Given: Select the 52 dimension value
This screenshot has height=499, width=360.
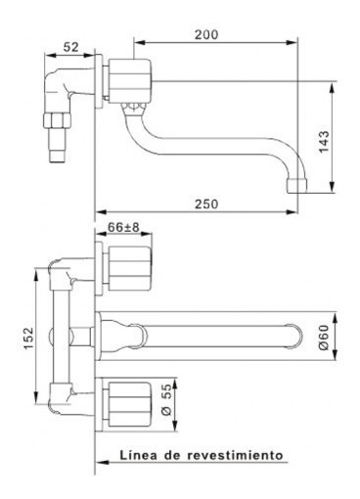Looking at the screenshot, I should [71, 48].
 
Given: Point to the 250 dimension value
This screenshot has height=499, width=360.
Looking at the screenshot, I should [203, 204].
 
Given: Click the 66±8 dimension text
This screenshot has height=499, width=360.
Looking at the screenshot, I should [123, 228].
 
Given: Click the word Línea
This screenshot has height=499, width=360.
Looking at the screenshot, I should [138, 455].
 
